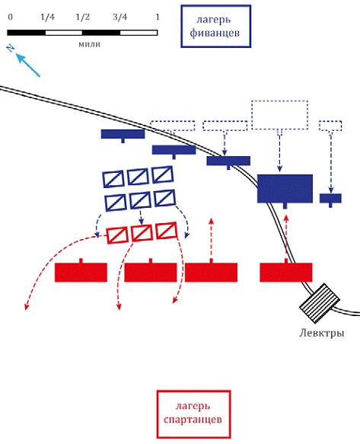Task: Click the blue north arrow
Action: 27,65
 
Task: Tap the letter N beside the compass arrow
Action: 11,48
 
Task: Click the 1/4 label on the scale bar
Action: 47,18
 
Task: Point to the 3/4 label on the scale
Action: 119,18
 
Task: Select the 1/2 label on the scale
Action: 82,18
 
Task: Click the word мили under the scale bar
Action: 90,44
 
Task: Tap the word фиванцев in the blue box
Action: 215,34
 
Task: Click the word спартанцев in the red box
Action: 193,420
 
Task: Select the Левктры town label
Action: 322,333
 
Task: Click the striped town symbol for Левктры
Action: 320,303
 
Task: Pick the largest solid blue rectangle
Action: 285,189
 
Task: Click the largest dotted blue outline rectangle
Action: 280,115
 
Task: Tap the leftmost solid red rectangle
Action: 81,272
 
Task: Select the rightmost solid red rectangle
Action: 286,272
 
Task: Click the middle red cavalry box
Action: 142,233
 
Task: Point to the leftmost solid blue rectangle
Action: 123,134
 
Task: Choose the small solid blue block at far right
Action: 330,198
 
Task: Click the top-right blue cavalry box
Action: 162,174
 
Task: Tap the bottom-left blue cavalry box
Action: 116,203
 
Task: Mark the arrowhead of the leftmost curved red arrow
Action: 27,307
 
